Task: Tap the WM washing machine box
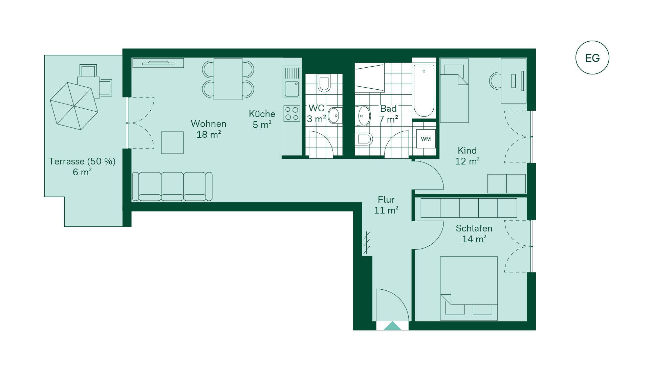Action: [x=426, y=139]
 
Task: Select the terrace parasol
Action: [x=74, y=106]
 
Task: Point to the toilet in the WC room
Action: [x=324, y=83]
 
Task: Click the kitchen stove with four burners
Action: [x=292, y=113]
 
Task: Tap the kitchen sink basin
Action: [x=292, y=89]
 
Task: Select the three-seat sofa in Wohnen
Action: [x=172, y=186]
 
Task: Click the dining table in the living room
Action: [x=228, y=79]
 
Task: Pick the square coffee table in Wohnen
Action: [x=172, y=143]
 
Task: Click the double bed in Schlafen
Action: [x=469, y=288]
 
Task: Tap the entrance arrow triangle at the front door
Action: [x=392, y=326]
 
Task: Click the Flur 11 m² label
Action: [x=386, y=205]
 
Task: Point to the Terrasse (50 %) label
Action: [x=82, y=161]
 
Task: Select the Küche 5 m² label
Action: [x=262, y=119]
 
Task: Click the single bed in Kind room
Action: [x=454, y=90]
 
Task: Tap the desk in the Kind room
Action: [x=514, y=81]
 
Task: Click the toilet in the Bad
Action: [x=364, y=139]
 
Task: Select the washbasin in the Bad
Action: [x=363, y=116]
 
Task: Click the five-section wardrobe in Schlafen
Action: [x=469, y=208]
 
